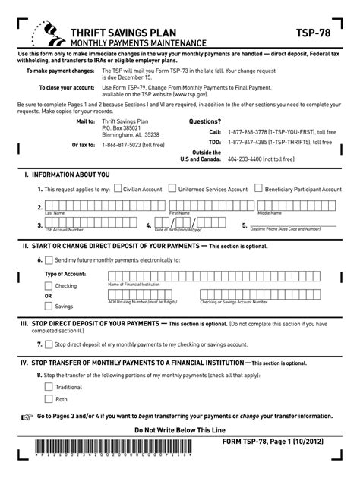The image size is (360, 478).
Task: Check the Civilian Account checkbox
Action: [116, 188]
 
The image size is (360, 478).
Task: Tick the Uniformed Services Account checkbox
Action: [172, 188]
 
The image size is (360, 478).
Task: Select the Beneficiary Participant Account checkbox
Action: [259, 188]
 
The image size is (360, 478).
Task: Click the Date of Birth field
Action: [190, 224]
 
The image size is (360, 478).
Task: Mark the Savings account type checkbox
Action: [49, 306]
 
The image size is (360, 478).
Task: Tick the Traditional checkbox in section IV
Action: [49, 386]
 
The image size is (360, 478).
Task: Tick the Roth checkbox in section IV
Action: [49, 398]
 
